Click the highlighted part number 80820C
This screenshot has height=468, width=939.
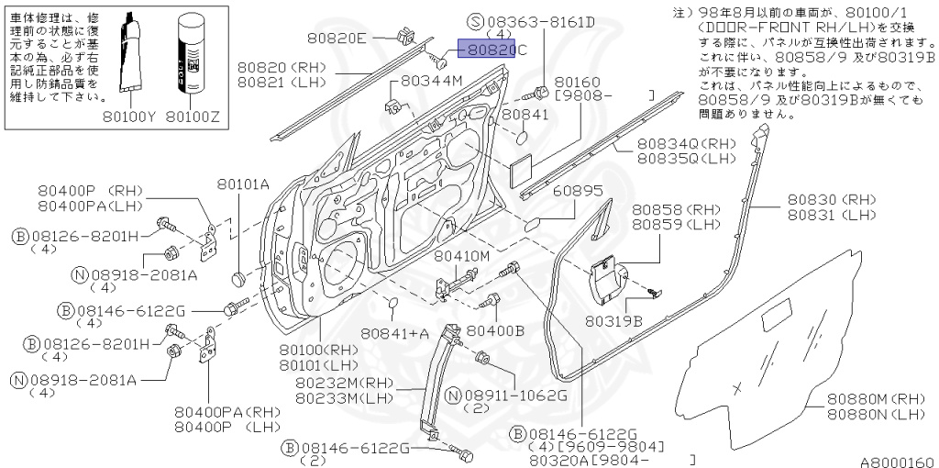(492, 51)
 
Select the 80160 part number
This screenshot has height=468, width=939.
(576, 82)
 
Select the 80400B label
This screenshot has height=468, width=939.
(495, 329)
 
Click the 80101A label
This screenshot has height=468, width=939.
(243, 184)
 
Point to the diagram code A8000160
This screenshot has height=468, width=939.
(897, 462)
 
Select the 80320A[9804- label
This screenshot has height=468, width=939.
(588, 461)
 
